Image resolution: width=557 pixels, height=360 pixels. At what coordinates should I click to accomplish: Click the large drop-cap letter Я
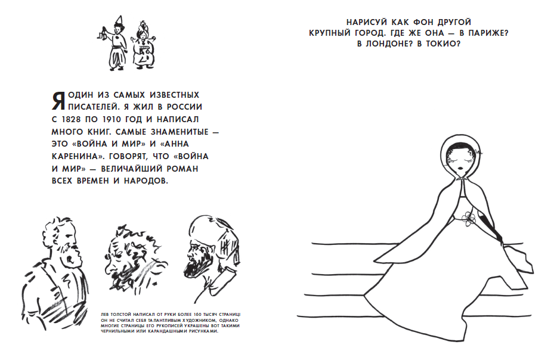58,101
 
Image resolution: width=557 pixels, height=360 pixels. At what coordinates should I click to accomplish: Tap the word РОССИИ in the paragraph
185,107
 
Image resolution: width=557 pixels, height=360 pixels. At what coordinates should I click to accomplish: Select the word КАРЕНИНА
77,157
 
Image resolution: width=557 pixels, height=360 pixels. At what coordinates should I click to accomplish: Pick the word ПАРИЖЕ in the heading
488,33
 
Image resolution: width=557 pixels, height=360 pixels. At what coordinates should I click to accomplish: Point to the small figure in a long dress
143,45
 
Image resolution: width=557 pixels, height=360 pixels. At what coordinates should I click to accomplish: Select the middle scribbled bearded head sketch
135,257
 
